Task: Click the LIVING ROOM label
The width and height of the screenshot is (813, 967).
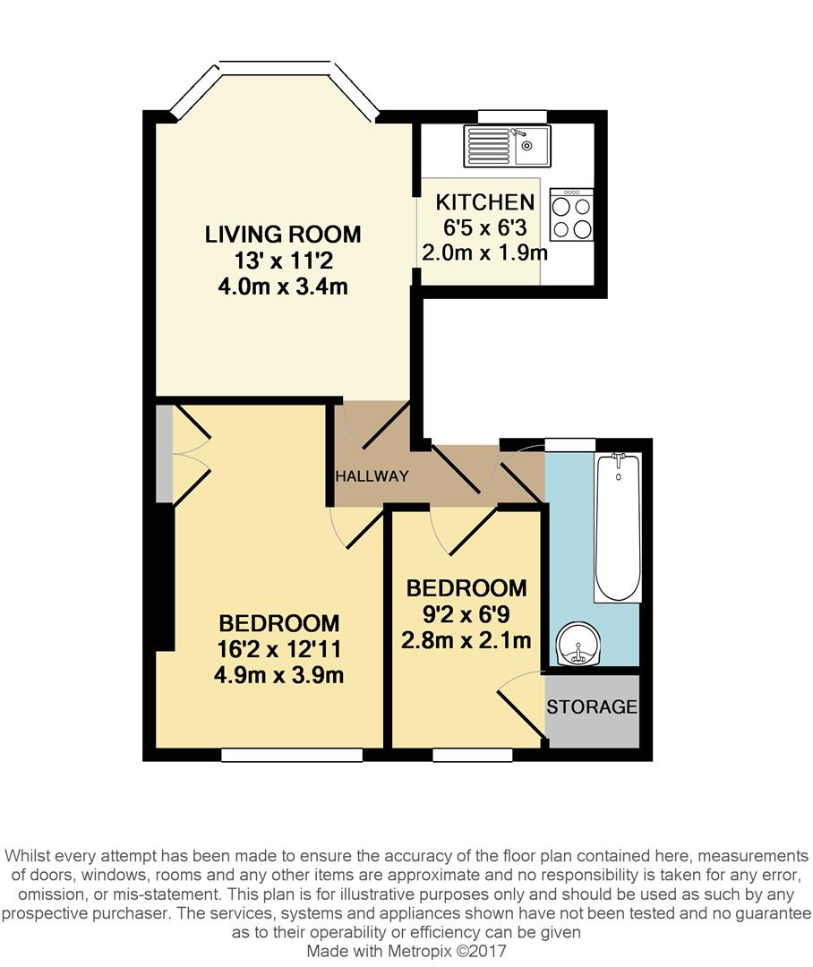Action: tap(283, 235)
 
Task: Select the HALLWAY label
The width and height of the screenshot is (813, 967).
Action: tap(372, 476)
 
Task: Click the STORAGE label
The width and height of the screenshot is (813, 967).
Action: tap(592, 706)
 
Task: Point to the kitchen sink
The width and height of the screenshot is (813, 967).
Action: tap(507, 146)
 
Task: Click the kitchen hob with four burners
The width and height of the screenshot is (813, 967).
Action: tap(571, 215)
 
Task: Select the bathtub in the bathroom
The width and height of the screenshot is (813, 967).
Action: tap(618, 526)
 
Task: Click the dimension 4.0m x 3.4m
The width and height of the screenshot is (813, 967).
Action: tap(283, 287)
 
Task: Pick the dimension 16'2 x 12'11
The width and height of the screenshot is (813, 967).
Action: tap(279, 649)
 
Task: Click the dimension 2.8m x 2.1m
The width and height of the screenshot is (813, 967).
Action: tap(466, 640)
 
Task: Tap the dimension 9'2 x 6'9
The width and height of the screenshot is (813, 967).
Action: tap(466, 614)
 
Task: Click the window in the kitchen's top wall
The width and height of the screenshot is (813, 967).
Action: tap(512, 116)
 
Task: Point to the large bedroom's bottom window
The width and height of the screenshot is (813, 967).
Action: tap(292, 756)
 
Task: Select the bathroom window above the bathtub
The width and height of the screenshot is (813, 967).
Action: tap(570, 444)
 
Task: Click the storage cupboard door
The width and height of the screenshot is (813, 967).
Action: tap(519, 712)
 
